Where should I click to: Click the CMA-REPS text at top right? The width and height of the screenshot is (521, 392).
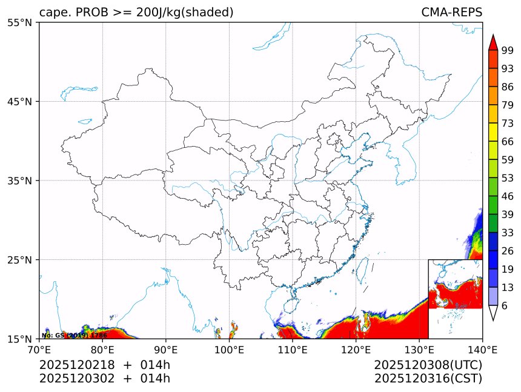[451, 13]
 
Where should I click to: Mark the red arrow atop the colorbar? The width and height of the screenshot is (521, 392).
[493, 42]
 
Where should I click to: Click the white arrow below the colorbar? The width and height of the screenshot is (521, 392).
[493, 313]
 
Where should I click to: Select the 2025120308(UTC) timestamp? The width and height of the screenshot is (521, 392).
[428, 365]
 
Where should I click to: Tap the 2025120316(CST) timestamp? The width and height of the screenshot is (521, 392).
[428, 379]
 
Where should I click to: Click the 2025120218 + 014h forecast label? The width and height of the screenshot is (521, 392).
[105, 365]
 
